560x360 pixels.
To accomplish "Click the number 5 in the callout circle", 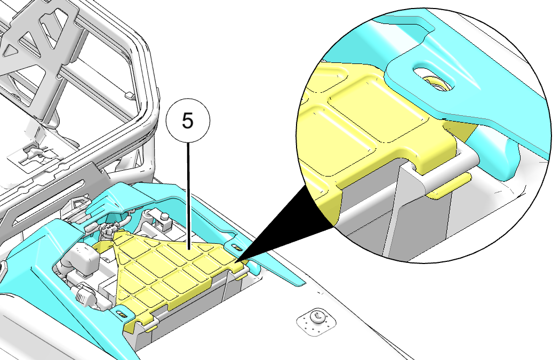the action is [188, 121].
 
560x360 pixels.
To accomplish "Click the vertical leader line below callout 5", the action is [188, 195].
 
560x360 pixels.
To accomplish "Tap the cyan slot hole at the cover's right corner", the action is [236, 247].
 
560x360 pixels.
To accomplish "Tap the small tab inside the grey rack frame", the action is [129, 95].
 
